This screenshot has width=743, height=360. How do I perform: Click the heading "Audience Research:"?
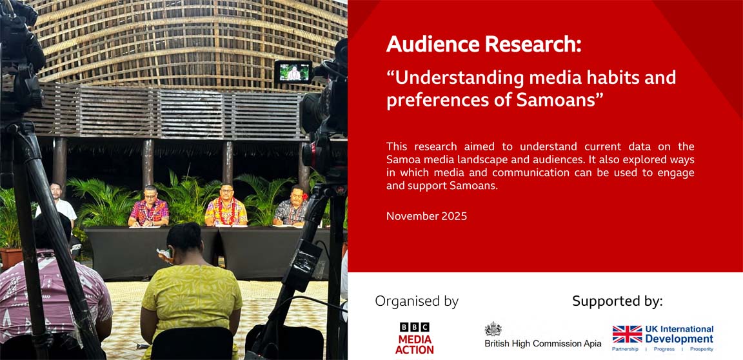[484, 45]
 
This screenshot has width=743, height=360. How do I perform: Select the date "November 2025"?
[426, 216]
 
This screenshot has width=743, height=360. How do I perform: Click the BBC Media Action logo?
[414, 338]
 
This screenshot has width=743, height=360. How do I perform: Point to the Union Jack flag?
[626, 334]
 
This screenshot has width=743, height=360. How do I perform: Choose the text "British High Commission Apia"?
[542, 344]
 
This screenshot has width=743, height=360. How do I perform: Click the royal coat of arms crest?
[493, 329]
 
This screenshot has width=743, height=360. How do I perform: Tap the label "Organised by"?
[417, 301]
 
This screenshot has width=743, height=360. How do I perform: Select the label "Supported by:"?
[617, 301]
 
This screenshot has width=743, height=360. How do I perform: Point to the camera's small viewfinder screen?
[293, 72]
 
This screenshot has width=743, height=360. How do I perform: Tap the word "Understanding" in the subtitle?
[455, 78]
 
